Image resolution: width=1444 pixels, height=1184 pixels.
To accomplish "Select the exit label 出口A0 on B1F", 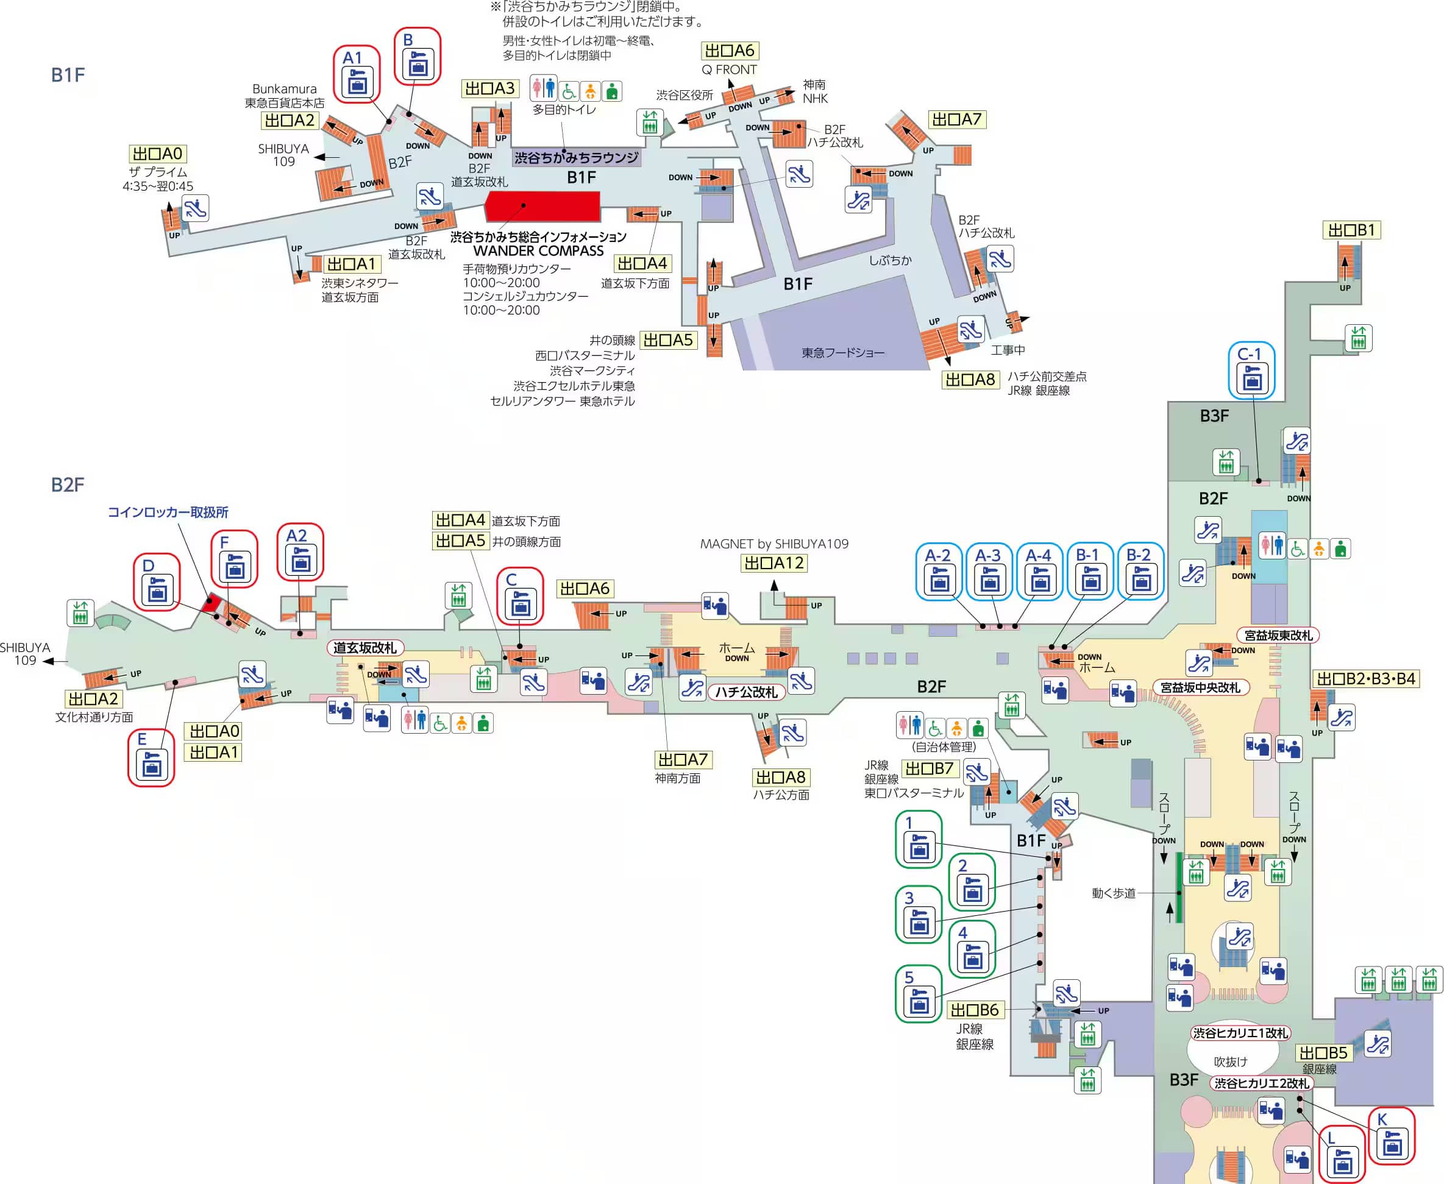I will pos(157,154).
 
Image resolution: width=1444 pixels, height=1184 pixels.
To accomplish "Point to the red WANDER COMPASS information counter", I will pos(542,206).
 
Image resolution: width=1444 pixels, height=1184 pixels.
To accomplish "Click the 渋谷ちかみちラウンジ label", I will pos(577,158).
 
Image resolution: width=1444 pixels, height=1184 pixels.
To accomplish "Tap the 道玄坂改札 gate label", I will pos(365,648).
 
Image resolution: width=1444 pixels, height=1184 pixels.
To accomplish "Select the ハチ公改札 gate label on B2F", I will pos(746,692).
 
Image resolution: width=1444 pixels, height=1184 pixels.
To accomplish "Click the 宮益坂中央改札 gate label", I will pos(1201,687).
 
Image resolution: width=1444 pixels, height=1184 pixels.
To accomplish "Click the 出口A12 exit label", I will pos(774,563).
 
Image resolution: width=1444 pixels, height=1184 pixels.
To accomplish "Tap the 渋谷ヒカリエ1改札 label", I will pos(1239,1033).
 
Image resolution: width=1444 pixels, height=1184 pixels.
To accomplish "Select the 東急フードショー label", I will pos(842,353).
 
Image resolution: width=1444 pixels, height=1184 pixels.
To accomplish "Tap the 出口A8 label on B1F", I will pos(970,379).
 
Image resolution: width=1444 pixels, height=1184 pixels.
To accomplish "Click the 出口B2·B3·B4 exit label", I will pos(1365,679).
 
